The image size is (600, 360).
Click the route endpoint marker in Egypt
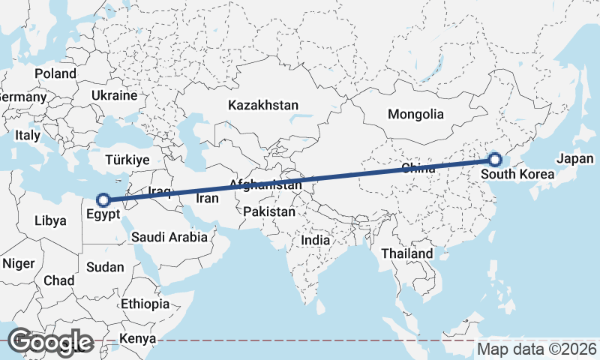(104, 200)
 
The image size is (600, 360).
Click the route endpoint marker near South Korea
(494, 159)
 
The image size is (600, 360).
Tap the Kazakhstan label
(264, 106)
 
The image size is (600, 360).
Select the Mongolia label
(415, 115)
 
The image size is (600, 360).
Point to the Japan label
(575, 159)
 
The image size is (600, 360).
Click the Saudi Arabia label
(169, 237)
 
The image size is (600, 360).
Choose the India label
(316, 241)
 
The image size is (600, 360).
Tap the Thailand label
(407, 253)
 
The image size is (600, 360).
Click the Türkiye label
(127, 160)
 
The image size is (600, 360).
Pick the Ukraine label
(114, 96)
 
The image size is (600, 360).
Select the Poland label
(55, 73)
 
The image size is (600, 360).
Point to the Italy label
(28, 136)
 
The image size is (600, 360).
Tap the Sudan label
(106, 267)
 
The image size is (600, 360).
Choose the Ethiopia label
(145, 304)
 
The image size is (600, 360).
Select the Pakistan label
(269, 212)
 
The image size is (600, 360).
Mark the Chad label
(59, 280)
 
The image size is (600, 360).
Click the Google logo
(51, 342)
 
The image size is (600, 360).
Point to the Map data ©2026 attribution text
(537, 349)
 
